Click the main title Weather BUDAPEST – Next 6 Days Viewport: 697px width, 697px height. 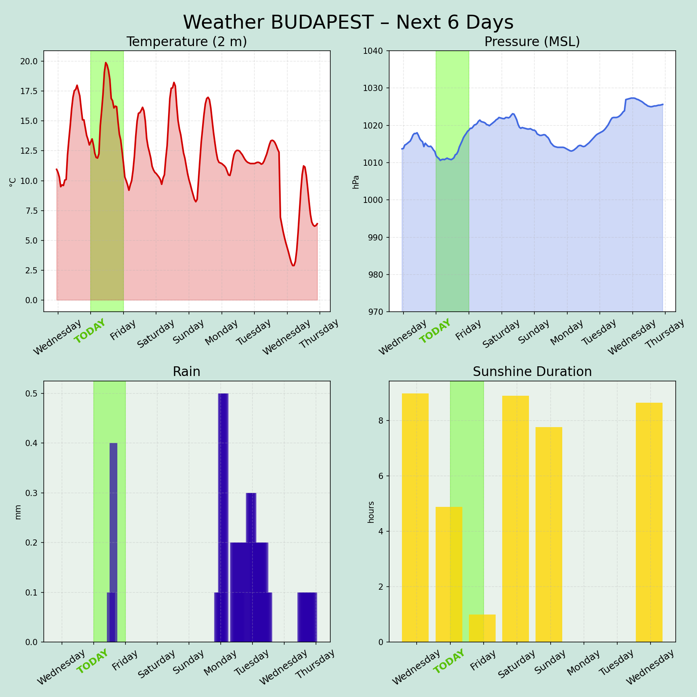(x=348, y=22)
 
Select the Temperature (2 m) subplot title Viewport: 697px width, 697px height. (x=187, y=42)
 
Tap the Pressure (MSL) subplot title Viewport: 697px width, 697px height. (x=532, y=42)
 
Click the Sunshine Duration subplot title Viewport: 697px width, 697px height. (x=532, y=372)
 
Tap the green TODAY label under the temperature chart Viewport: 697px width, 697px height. (x=90, y=331)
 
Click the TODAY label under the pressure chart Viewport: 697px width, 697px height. (x=436, y=331)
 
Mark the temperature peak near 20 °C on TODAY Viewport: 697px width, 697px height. (x=106, y=63)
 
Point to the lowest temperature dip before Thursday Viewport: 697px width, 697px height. (x=293, y=265)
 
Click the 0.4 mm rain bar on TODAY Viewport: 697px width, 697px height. (x=113, y=503)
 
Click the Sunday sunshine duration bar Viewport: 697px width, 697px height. (x=549, y=534)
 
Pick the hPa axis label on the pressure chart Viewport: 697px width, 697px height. (x=356, y=182)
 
